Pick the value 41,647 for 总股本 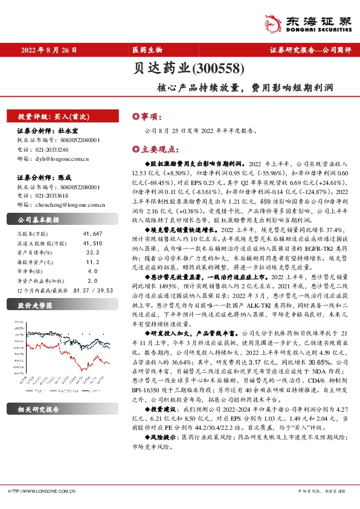[89, 233]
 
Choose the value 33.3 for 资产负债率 [92, 251]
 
